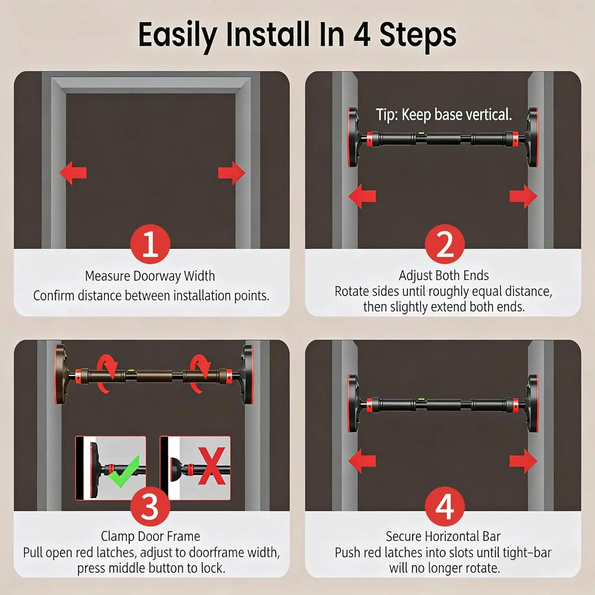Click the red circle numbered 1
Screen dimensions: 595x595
point(150,244)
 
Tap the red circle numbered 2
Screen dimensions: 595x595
point(445,244)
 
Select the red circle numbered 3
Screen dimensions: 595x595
point(150,507)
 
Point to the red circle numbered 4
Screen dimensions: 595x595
point(445,507)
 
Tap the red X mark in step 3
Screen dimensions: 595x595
point(212,466)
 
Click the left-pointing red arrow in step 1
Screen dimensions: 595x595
point(73,173)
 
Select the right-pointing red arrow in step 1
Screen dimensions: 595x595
point(232,173)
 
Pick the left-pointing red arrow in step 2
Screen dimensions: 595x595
point(362,196)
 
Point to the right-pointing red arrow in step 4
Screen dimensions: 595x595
point(524,461)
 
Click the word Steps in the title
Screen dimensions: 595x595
point(418,35)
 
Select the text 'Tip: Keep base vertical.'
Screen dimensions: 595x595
point(444,115)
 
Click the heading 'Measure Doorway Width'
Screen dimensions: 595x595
point(150,276)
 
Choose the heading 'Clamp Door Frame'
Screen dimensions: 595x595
point(150,536)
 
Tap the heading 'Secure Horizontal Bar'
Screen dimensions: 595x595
point(443,536)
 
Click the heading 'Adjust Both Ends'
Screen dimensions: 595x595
point(444,275)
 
